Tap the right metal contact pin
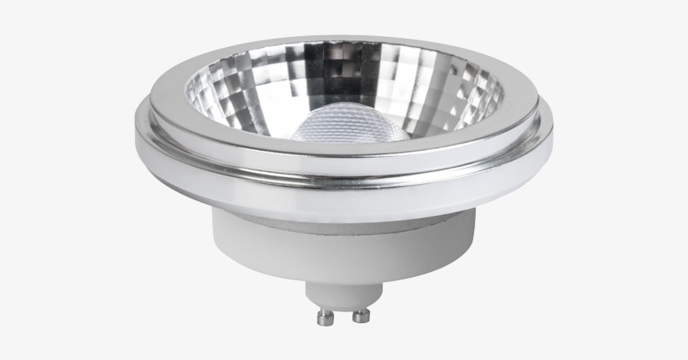[362, 316]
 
